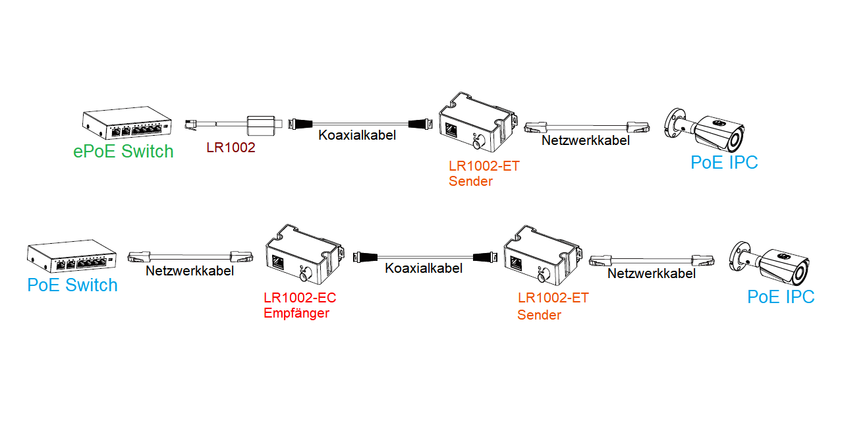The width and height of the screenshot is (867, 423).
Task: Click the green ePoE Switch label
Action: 123,152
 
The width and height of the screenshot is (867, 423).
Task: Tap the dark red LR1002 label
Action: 231,149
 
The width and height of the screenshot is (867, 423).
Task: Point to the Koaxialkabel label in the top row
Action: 357,136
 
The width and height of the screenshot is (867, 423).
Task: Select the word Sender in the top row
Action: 470,181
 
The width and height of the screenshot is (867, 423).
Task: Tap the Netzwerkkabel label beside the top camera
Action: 586,140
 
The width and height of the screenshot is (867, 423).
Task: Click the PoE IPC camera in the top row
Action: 704,130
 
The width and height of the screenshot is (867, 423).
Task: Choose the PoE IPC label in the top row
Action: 724,162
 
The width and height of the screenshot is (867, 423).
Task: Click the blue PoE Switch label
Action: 72,285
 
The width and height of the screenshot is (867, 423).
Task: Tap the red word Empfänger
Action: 296,314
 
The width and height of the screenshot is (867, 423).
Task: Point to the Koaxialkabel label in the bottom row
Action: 424,268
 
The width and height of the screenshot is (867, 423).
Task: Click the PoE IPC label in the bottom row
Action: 781,297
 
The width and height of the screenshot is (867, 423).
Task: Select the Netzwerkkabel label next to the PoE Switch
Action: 190,271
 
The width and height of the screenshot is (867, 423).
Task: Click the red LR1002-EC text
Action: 300,298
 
